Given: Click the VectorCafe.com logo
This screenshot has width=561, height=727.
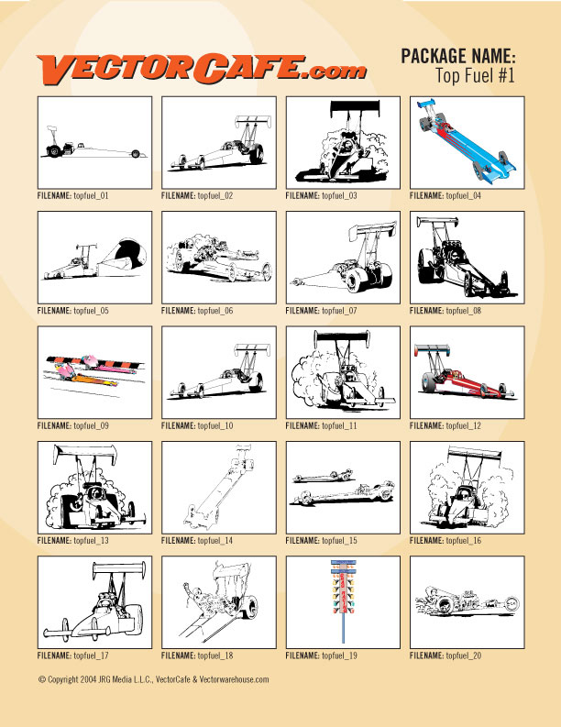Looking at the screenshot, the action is tap(202, 70).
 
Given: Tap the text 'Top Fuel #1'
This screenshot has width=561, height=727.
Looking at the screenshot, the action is tap(475, 75).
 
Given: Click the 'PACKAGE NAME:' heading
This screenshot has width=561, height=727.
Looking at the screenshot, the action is tap(458, 56).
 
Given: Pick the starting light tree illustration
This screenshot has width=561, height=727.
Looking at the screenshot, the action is tap(343, 600).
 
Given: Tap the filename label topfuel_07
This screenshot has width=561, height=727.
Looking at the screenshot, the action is tap(321, 311).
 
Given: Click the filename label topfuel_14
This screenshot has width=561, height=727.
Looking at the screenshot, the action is tap(196, 541).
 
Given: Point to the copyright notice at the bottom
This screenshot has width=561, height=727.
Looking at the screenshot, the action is tap(153, 679).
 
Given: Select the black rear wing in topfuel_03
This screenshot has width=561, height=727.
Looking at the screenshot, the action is tap(355, 108).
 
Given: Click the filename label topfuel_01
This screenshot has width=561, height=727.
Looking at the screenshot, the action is tap(72, 195).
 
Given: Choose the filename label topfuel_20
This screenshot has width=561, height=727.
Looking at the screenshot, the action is tap(445, 655).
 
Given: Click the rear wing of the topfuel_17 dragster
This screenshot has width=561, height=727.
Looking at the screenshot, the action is tap(119, 568).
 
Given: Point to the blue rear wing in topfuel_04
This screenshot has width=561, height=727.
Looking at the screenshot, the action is tap(426, 102).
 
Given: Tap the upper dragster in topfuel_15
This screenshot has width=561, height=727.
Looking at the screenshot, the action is tap(324, 476).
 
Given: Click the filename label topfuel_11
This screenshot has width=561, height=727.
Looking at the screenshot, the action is tap(321, 425).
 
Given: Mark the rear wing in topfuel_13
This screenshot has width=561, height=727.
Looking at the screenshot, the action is tap(85, 454).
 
